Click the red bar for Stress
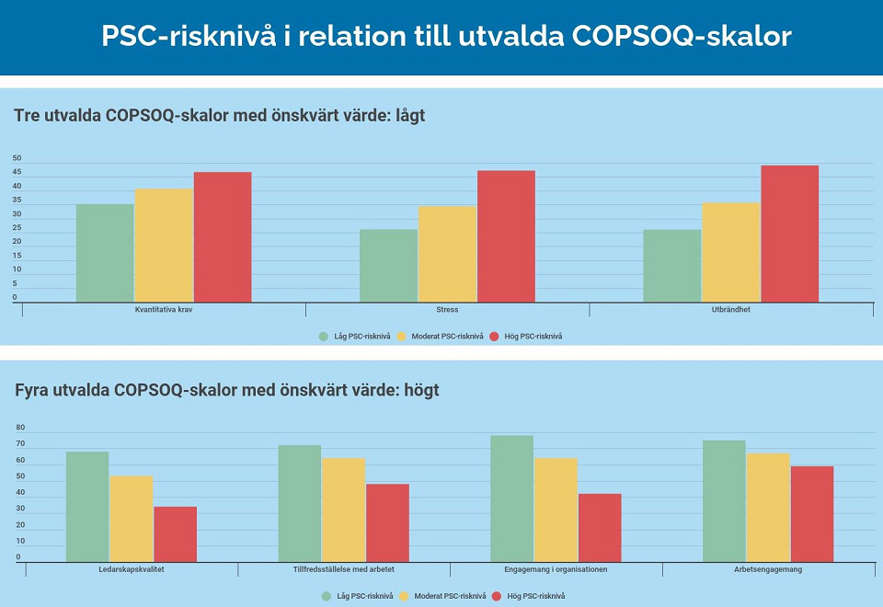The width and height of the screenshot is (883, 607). [x=506, y=236]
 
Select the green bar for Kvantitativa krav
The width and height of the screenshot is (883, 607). [x=105, y=253]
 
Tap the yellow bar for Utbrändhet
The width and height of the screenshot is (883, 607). [x=731, y=252]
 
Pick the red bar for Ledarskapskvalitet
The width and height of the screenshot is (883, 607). [x=175, y=534]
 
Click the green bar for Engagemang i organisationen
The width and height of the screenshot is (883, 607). [x=511, y=498]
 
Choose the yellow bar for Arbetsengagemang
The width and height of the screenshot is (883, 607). [x=768, y=507]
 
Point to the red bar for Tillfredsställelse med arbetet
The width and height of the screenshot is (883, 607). [x=387, y=522]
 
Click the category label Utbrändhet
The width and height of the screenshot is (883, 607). [x=731, y=310]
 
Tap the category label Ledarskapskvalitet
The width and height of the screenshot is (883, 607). [x=131, y=569]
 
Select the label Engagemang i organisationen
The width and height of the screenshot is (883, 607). [x=556, y=569]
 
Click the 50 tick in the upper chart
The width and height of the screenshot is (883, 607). [x=17, y=158]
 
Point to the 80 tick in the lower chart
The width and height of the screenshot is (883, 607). [x=19, y=429]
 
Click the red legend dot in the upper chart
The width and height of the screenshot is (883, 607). [x=495, y=336]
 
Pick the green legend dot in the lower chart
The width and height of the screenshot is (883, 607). [x=327, y=596]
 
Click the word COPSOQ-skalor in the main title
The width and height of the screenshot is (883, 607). [x=682, y=36]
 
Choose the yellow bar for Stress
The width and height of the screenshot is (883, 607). [x=447, y=254]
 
